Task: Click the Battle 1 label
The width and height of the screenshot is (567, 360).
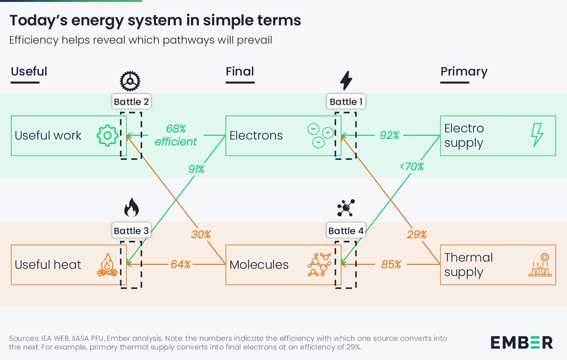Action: pyautogui.click(x=346, y=102)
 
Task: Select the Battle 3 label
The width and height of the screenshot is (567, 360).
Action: pyautogui.click(x=131, y=231)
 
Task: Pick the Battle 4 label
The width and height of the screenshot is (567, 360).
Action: pyautogui.click(x=346, y=231)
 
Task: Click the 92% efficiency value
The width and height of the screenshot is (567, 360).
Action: pyautogui.click(x=390, y=136)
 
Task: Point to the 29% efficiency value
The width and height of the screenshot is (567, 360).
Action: pyautogui.click(x=416, y=234)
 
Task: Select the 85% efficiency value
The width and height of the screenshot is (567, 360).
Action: pyautogui.click(x=391, y=265)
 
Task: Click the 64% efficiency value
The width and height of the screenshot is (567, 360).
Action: pyautogui.click(x=180, y=265)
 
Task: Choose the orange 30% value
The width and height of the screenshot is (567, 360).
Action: pyautogui.click(x=201, y=234)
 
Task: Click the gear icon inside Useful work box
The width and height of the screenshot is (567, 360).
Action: pyautogui.click(x=107, y=136)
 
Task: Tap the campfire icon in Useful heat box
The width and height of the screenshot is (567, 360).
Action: pyautogui.click(x=107, y=265)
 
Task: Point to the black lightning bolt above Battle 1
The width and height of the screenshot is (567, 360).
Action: pyautogui.click(x=346, y=81)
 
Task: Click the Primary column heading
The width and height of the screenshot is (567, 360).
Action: pyautogui.click(x=464, y=72)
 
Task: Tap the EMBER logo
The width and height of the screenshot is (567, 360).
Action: pyautogui.click(x=521, y=342)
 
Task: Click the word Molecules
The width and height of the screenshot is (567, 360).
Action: pyautogui.click(x=259, y=265)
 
